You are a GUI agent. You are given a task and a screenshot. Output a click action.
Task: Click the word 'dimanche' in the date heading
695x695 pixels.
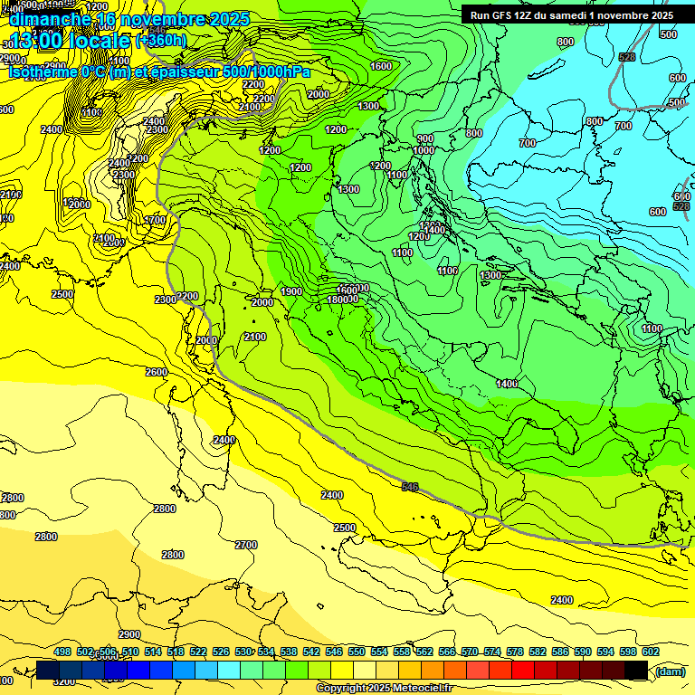[50, 19]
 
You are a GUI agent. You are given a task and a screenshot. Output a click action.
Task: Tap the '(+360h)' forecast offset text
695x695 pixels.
[161, 40]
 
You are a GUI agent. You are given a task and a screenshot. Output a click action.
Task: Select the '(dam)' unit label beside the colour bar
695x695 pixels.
[670, 671]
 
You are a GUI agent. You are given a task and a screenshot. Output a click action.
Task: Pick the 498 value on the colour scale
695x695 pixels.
[62, 652]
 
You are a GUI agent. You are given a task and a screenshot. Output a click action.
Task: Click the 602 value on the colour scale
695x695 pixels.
[651, 652]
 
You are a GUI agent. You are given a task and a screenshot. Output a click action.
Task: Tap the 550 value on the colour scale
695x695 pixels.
[357, 652]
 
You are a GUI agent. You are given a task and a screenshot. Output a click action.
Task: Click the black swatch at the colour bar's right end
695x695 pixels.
[637, 670]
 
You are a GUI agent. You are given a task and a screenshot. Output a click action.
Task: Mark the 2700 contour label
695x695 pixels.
[246, 545]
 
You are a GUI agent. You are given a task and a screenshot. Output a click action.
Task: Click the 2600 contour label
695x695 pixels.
[157, 372]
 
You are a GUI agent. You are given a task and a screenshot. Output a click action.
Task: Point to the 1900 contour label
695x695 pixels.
[291, 291]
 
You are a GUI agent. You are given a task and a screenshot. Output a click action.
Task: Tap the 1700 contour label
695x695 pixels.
[156, 220]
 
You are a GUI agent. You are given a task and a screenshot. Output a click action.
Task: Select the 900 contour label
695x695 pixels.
[425, 138]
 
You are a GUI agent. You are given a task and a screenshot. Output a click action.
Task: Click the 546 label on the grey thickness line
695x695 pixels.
[410, 487]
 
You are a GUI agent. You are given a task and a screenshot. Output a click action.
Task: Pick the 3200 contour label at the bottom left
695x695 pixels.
[64, 681]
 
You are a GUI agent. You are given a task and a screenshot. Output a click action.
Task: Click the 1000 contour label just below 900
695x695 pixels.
[424, 150]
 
